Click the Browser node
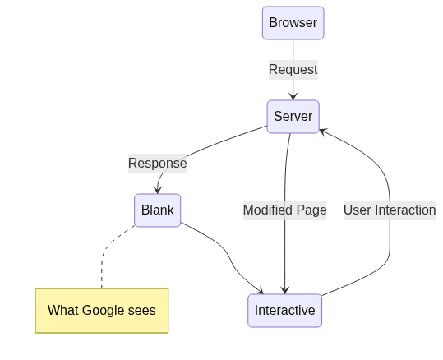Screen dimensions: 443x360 point(293,23)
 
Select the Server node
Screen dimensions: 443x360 point(293,117)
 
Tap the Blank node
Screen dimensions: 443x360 point(157,210)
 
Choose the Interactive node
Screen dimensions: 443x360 point(284,310)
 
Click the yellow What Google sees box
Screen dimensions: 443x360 point(102,311)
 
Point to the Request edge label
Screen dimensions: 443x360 point(293,70)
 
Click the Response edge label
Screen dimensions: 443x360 point(157,164)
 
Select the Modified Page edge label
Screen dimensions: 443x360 point(284,210)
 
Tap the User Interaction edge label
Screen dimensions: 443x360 point(390,210)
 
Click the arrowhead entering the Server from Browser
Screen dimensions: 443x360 point(293,96)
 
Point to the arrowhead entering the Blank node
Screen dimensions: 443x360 point(157,190)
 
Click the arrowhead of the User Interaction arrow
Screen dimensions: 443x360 point(323,132)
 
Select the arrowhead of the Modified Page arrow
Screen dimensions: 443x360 point(284,290)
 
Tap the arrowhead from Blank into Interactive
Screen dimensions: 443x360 point(261,291)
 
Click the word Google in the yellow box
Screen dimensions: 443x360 point(104,311)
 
